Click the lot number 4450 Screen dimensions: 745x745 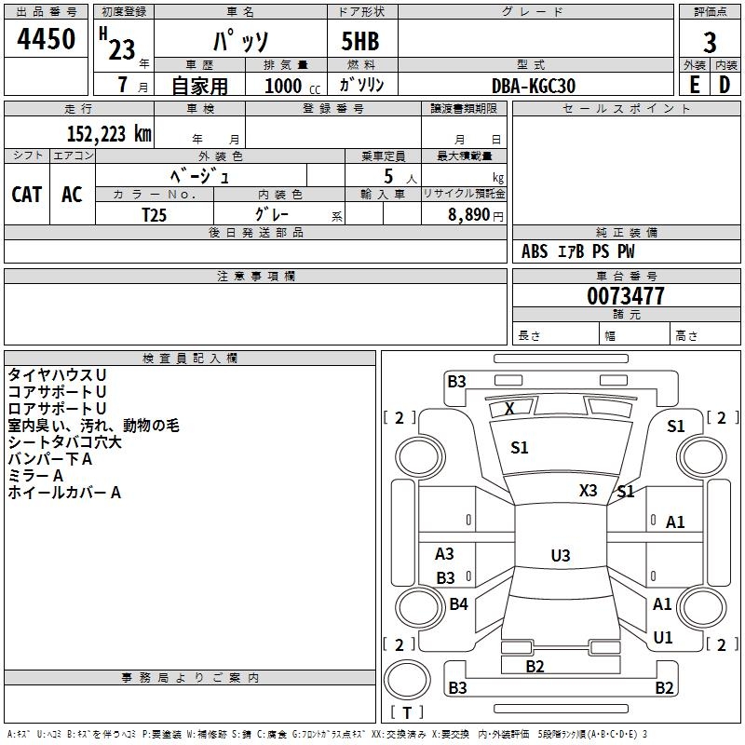pyautogui.click(x=46, y=39)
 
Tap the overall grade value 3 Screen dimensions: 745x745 pyautogui.click(x=710, y=43)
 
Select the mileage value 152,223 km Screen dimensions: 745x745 pyautogui.click(x=109, y=134)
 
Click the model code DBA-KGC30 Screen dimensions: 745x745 pyautogui.click(x=533, y=86)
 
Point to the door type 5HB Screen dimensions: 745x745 pyautogui.click(x=360, y=41)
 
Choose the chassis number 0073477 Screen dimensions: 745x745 pyautogui.click(x=625, y=296)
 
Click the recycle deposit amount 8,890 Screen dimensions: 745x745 pyautogui.click(x=468, y=215)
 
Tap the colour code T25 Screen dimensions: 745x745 pyautogui.click(x=154, y=215)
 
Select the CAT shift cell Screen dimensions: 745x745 pyautogui.click(x=27, y=195)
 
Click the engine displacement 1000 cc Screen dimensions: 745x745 pyautogui.click(x=292, y=86)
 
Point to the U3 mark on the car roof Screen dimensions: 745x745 pyautogui.click(x=561, y=555)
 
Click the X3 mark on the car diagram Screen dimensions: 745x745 pyautogui.click(x=588, y=491)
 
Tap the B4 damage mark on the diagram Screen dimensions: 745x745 pyautogui.click(x=458, y=603)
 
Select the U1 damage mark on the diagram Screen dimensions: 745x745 pyautogui.click(x=663, y=637)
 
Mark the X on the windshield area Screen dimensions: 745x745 pyautogui.click(x=509, y=408)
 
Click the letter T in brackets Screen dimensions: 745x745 pyautogui.click(x=407, y=712)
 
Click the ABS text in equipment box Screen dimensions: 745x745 pyautogui.click(x=535, y=251)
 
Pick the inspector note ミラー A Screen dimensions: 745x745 pyautogui.click(x=35, y=476)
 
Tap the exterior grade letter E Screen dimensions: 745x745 pyautogui.click(x=695, y=85)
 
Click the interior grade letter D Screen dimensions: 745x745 pyautogui.click(x=725, y=85)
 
